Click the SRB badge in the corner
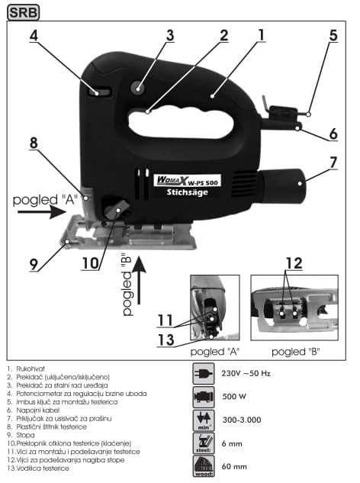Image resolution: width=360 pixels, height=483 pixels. click(x=23, y=12)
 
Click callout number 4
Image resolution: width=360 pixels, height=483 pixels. click(x=34, y=35)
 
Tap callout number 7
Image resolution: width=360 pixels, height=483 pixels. click(x=333, y=163)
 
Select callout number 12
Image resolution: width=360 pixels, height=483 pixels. click(x=294, y=263)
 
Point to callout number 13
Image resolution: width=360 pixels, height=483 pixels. click(x=166, y=340)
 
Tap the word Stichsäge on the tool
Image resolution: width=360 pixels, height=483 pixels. click(x=187, y=192)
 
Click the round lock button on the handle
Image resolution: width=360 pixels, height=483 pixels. click(x=137, y=89)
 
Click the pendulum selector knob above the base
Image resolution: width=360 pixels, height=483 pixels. click(x=116, y=210)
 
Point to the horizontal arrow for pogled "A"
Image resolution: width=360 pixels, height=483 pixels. click(x=42, y=212)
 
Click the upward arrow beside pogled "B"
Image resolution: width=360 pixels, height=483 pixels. click(x=140, y=280)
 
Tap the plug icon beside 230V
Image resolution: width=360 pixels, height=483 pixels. click(x=203, y=374)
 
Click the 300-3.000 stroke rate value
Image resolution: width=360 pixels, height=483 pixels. click(x=242, y=420)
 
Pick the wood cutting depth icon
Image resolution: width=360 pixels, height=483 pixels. click(x=204, y=466)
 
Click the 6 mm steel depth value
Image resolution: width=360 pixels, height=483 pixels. click(x=232, y=443)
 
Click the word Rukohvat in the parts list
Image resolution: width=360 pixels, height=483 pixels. click(x=31, y=369)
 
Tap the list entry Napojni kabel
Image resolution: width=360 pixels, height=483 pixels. click(x=37, y=411)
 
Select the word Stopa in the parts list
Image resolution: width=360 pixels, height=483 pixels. click(x=25, y=435)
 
